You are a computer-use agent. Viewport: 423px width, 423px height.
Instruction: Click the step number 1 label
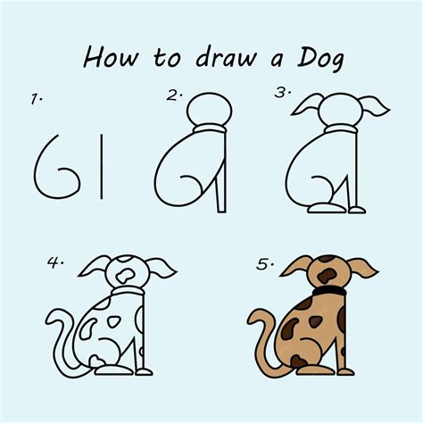tap(36, 101)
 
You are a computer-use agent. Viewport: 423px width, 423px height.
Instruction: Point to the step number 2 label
tap(174, 95)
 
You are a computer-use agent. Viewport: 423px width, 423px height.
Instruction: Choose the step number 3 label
tap(282, 93)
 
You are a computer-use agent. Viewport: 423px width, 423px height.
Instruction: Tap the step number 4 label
tap(54, 263)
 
